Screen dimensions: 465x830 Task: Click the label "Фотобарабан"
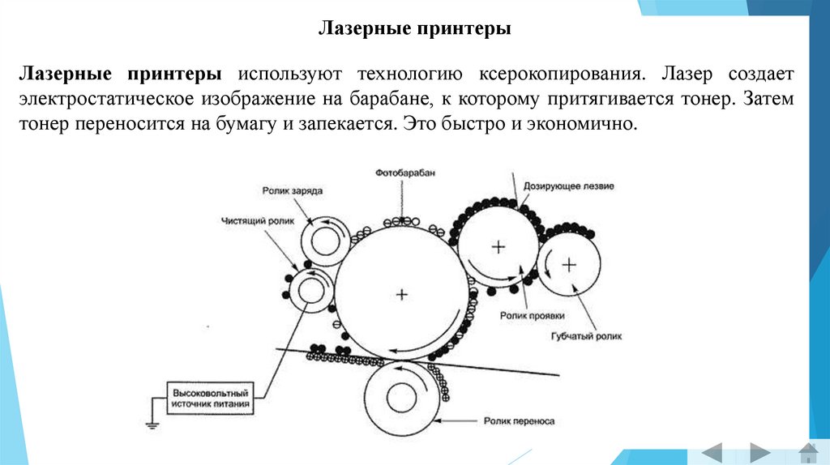click(x=400, y=174)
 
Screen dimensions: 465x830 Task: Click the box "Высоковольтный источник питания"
click(x=214, y=397)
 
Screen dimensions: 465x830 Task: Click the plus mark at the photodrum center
click(x=401, y=294)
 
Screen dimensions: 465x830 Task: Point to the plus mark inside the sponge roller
click(x=570, y=263)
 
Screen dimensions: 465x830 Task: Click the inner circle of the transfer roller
click(x=402, y=398)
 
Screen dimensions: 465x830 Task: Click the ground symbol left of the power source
click(x=152, y=421)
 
